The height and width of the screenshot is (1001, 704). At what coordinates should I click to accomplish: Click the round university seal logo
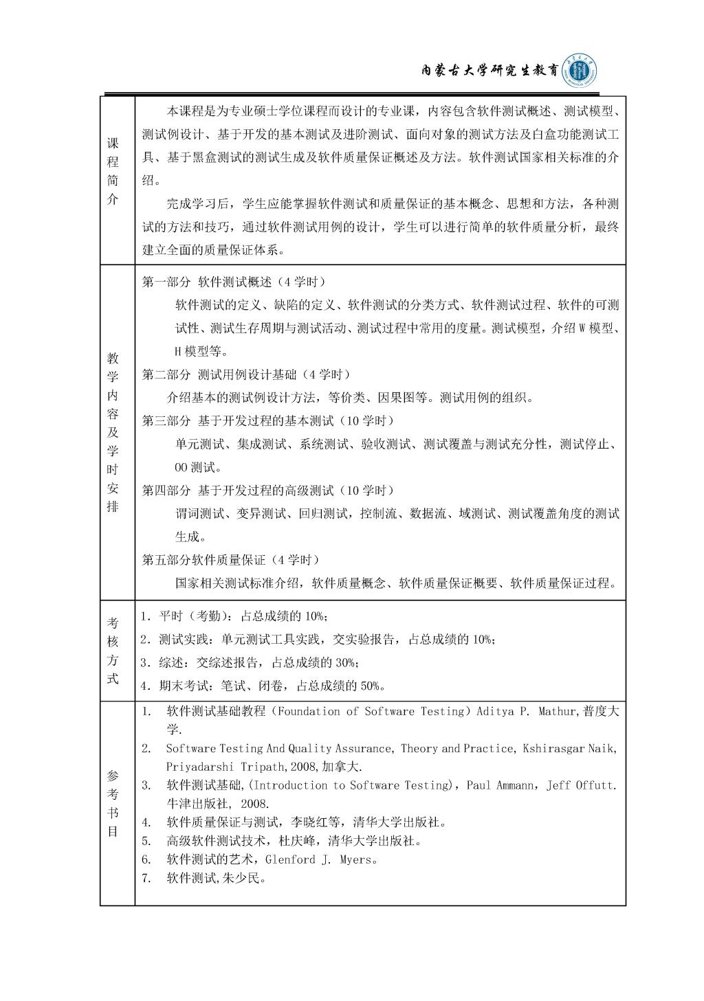click(580, 71)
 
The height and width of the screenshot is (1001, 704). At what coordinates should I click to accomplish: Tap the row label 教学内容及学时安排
click(113, 432)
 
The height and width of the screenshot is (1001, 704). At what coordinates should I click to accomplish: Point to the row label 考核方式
click(113, 651)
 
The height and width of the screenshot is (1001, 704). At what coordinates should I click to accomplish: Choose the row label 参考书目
click(113, 803)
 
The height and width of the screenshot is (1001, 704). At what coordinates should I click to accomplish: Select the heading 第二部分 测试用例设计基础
click(246, 374)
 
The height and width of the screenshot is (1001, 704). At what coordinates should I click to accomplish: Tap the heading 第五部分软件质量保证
click(230, 560)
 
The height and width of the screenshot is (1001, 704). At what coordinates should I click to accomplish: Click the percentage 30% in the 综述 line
click(346, 662)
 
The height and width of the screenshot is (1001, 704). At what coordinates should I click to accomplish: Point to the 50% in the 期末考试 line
click(371, 686)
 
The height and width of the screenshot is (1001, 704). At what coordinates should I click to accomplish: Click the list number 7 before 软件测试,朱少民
click(146, 878)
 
